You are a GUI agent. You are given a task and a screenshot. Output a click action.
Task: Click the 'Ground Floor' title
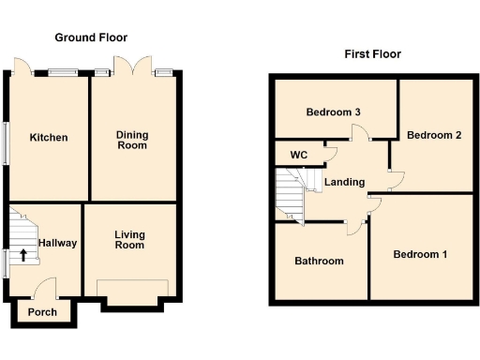[91, 37]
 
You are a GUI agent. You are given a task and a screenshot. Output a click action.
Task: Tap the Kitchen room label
[48, 138]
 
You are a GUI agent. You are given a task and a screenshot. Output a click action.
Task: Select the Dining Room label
[132, 141]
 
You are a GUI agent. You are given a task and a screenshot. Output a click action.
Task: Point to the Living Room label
[130, 239]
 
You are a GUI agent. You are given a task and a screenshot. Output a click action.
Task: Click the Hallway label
[57, 243]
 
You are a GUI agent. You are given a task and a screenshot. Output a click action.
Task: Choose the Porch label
[42, 312]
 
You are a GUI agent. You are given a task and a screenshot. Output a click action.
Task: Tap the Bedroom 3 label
[334, 112]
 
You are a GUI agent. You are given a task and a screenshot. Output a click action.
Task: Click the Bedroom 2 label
[434, 135]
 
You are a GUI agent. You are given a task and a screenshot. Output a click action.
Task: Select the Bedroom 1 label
[420, 254]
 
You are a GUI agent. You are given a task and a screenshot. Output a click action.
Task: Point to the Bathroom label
[319, 261]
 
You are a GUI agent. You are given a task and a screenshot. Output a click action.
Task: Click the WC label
[299, 155]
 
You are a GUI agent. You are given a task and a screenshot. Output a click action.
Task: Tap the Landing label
[344, 182]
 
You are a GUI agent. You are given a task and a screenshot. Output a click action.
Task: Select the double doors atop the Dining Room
[132, 66]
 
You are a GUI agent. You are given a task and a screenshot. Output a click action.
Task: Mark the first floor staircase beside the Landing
[292, 192]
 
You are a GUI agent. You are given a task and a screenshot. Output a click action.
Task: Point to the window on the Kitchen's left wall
[7, 143]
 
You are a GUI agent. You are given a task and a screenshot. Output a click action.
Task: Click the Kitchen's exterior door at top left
[23, 67]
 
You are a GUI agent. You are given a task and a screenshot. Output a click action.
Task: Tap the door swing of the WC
[329, 150]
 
